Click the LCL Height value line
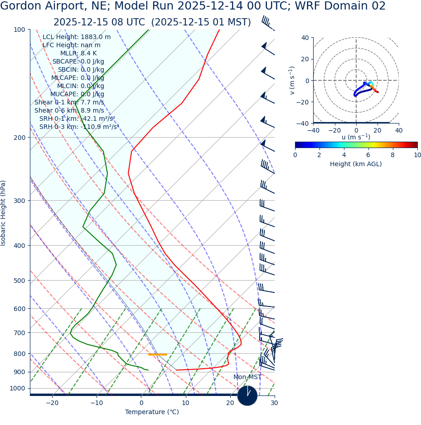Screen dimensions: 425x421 76,37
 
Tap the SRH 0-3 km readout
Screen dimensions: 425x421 79,127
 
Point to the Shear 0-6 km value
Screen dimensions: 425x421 69,111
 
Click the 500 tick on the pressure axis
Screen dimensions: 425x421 19,281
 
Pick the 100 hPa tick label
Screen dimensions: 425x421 19,30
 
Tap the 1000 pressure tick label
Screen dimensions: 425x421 17,389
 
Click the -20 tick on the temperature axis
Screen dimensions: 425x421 52,403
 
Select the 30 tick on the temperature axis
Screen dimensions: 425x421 274,403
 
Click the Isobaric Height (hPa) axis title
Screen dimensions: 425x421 4,213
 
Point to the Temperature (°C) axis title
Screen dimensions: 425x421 152,412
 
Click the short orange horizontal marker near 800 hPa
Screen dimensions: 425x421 158,354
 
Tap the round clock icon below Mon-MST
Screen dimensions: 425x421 247,395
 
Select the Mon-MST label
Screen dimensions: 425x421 247,377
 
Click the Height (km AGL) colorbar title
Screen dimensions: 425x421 356,164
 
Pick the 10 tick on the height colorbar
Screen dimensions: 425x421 417,155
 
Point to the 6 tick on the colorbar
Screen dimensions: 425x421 368,155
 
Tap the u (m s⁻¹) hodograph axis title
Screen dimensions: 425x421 356,137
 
